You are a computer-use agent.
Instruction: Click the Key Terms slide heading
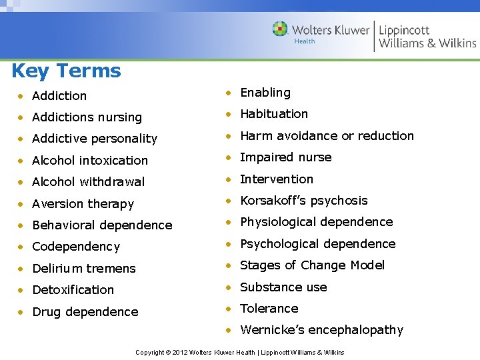point(66,71)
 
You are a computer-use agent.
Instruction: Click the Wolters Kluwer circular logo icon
point(280,29)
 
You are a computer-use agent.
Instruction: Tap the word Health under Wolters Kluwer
point(305,41)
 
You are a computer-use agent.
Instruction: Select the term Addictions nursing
point(87,117)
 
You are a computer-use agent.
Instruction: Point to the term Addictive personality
point(94,139)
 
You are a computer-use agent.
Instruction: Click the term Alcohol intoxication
point(89,161)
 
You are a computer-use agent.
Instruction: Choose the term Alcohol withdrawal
point(88,182)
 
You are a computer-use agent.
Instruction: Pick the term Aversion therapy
point(83,204)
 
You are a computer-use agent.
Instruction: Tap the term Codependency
point(76,247)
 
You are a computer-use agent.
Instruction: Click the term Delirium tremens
point(83,269)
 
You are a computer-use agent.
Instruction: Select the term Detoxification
point(73,290)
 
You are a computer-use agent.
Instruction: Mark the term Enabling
point(265,93)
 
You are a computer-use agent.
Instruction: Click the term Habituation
point(273,114)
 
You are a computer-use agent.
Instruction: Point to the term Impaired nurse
point(285,157)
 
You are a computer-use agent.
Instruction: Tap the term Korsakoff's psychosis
point(303,201)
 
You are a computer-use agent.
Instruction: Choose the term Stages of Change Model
point(312,265)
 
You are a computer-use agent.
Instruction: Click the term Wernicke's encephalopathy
point(321,330)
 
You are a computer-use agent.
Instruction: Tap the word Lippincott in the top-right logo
point(404,30)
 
